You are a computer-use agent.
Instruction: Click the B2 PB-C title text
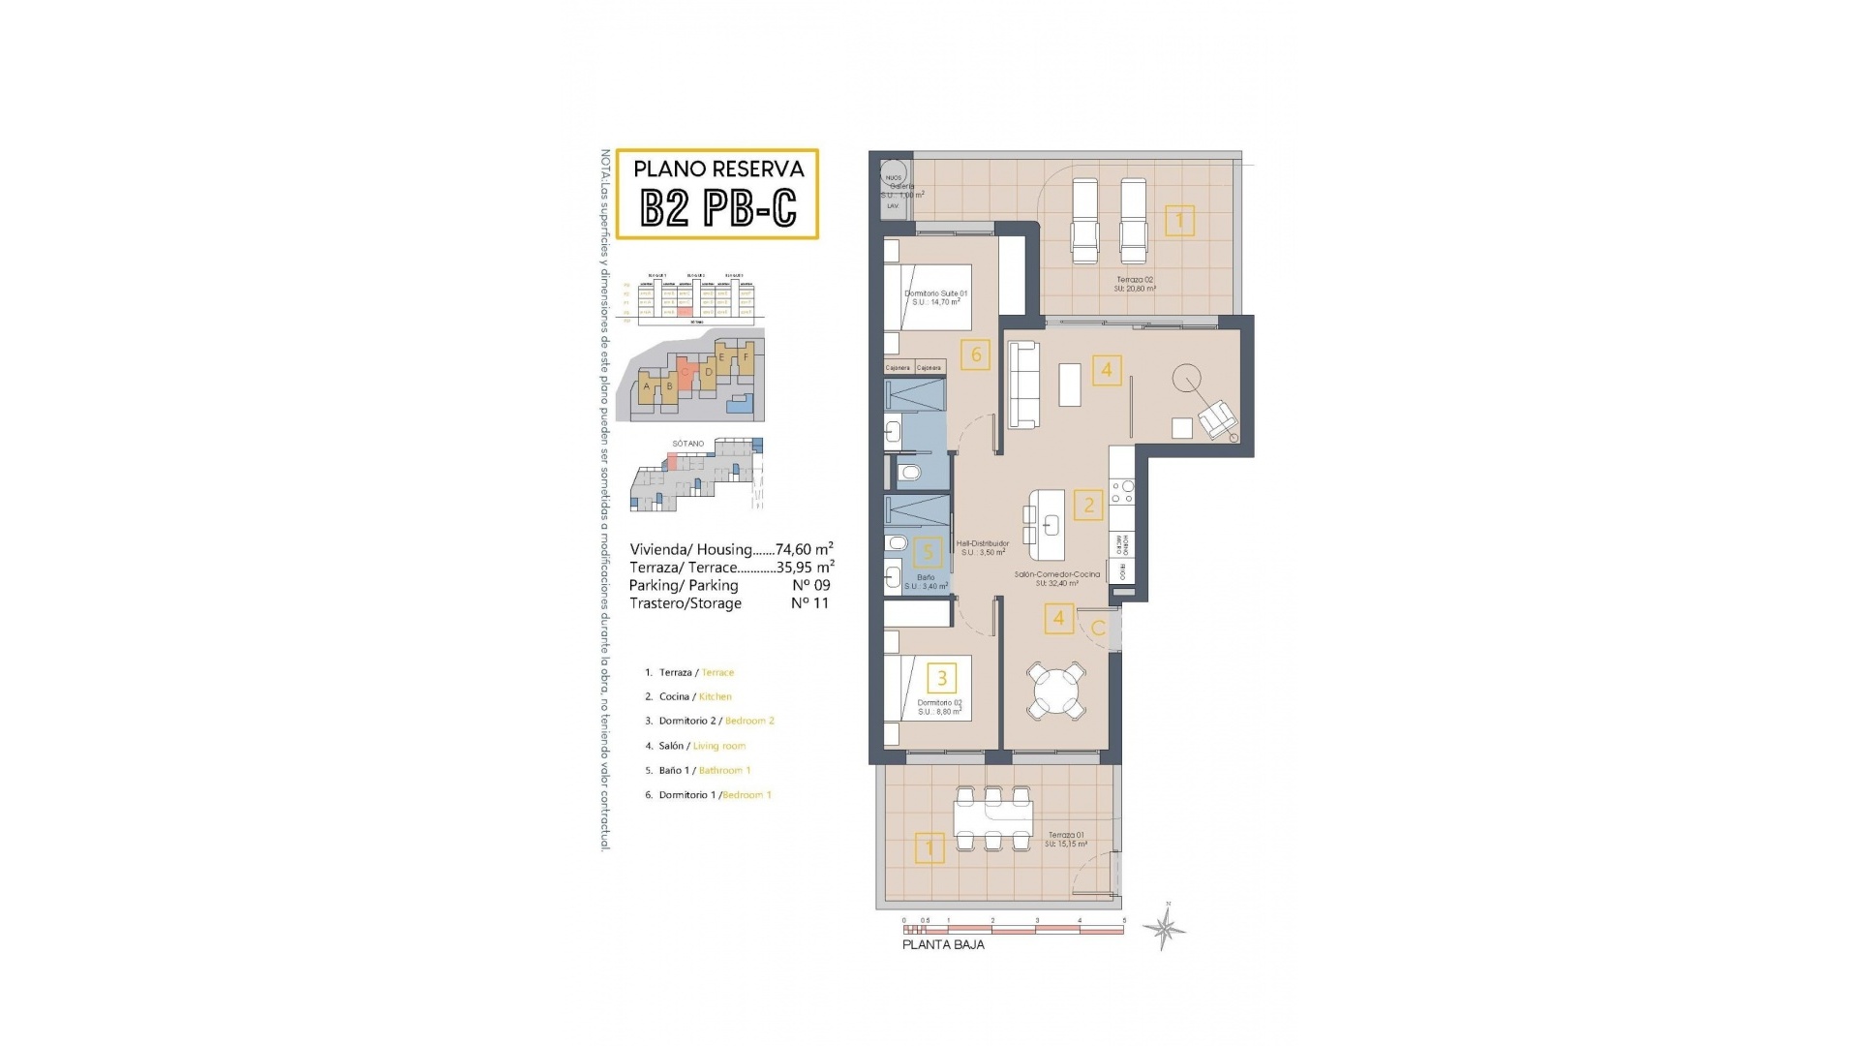pos(718,206)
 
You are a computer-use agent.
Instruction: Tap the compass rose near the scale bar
pos(1165,929)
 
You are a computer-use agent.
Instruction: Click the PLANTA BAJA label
pos(943,944)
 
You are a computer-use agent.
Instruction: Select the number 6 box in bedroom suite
pos(975,354)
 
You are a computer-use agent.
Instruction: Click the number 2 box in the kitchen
pos(1088,505)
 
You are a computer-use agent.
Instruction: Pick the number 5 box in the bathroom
pos(928,552)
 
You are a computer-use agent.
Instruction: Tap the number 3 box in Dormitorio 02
pos(941,678)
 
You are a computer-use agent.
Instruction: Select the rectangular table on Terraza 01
pos(992,819)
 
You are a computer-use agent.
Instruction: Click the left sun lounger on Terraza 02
pos(1084,221)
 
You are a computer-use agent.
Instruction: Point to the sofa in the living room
pos(1024,385)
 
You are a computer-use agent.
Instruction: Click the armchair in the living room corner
pos(1217,418)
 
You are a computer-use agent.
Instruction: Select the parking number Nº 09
pos(810,585)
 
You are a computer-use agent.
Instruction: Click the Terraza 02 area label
pos(1135,284)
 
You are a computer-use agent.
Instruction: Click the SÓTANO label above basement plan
pos(688,444)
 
